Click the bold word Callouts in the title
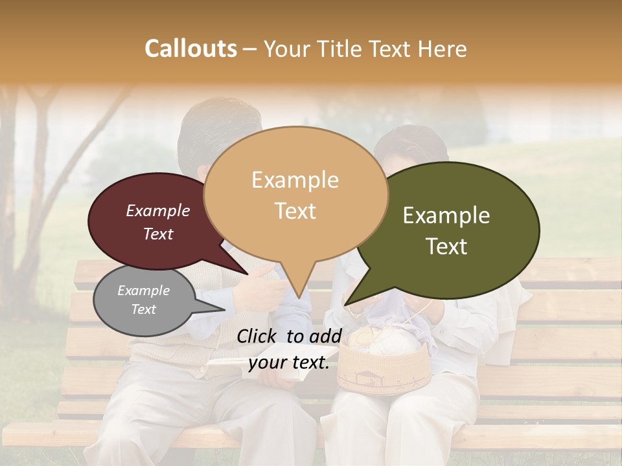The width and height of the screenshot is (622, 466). click(x=190, y=49)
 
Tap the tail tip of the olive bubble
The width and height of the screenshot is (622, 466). click(x=345, y=304)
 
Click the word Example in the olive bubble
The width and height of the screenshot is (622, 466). click(x=446, y=216)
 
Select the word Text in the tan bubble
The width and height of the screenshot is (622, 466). click(x=295, y=211)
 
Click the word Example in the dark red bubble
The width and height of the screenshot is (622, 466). click(x=158, y=210)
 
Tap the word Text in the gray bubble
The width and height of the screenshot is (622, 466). click(x=144, y=309)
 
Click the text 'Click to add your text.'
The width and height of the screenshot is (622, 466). click(x=289, y=349)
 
